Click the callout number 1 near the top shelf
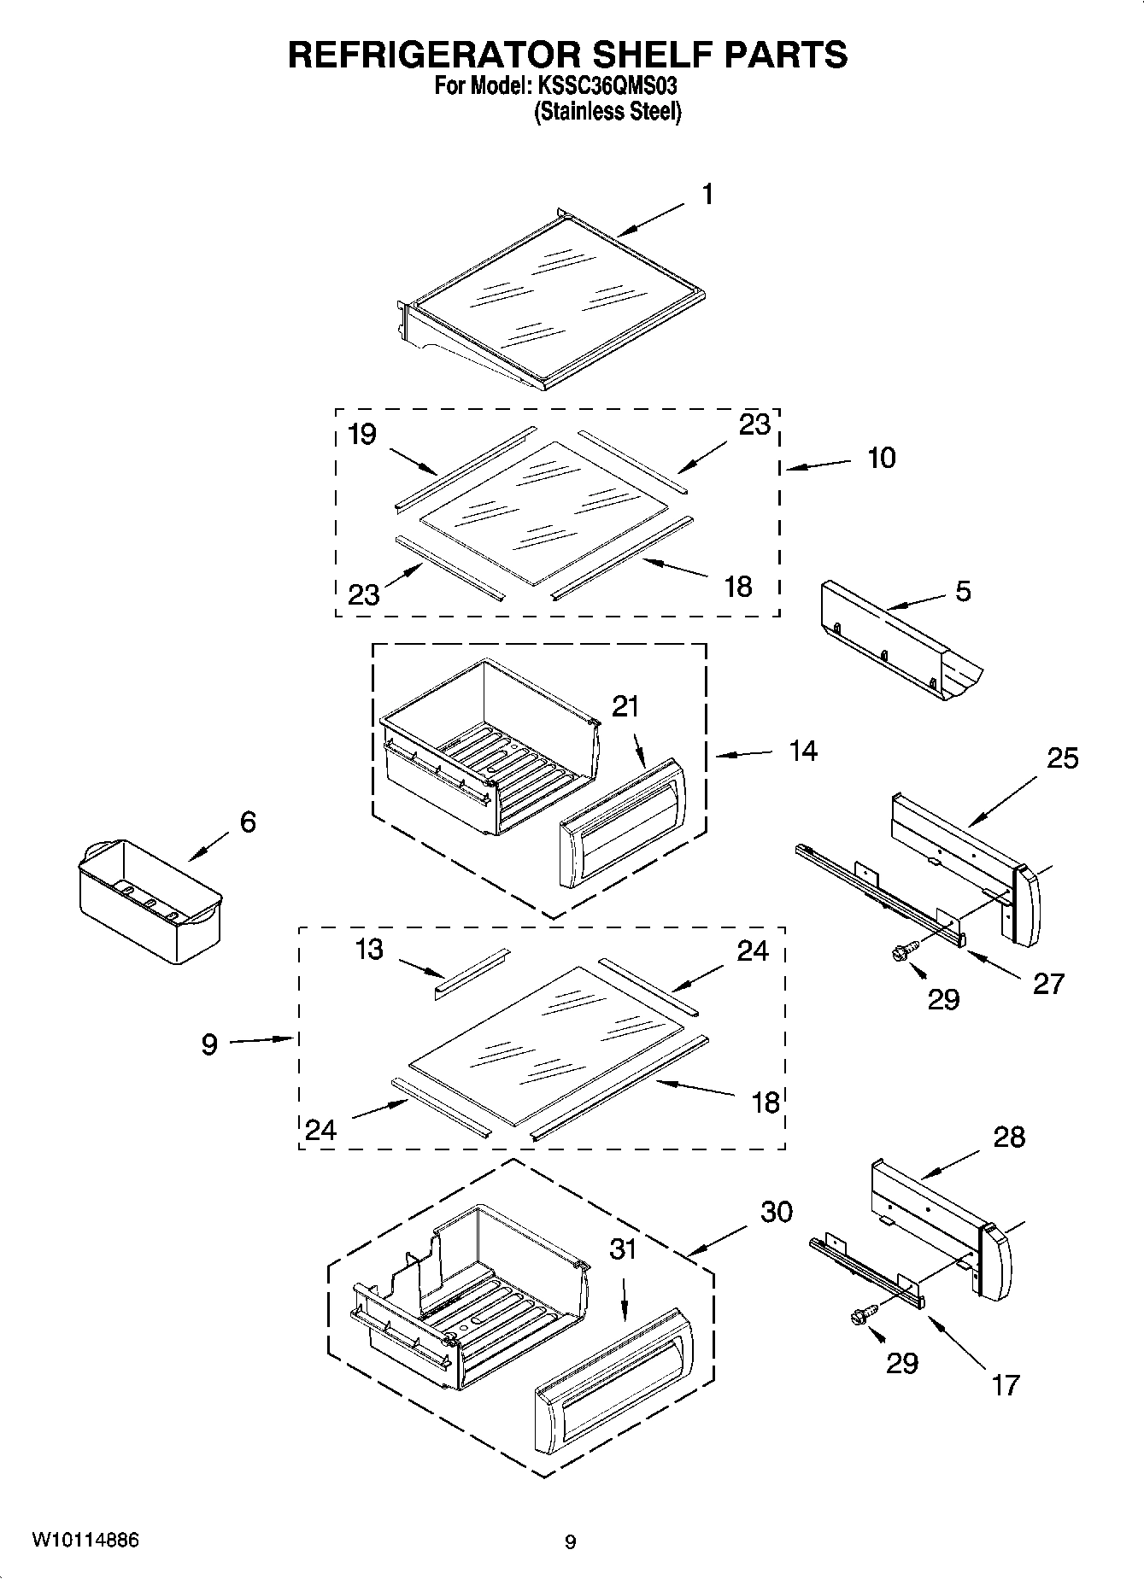(x=707, y=195)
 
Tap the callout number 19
(x=362, y=435)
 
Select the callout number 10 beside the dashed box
(x=882, y=458)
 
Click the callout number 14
(x=803, y=751)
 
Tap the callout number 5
(x=963, y=591)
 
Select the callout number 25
(x=1063, y=758)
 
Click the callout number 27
(x=1048, y=984)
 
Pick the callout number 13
(x=369, y=950)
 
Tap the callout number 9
(x=210, y=1044)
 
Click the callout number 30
(x=776, y=1212)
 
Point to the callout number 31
(x=624, y=1249)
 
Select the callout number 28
(x=1009, y=1137)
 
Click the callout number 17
(x=1006, y=1384)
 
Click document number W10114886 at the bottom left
(x=85, y=1540)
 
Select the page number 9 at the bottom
(x=571, y=1542)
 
